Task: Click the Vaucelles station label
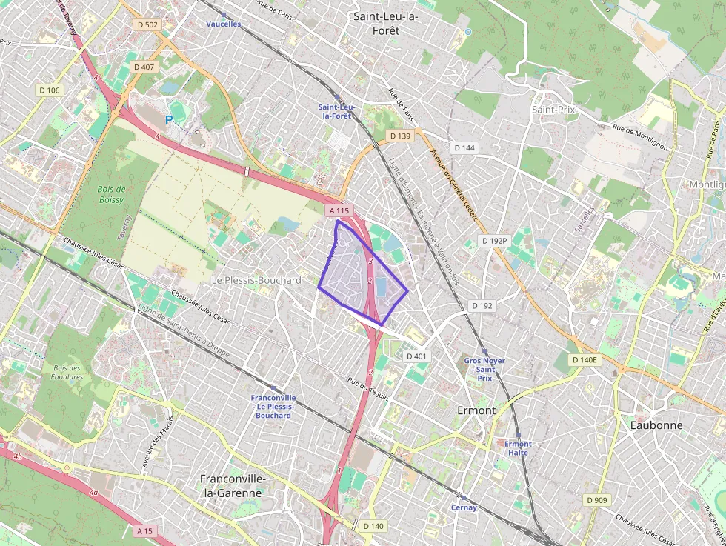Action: (x=223, y=24)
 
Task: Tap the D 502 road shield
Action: (x=148, y=24)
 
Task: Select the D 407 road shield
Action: (x=144, y=67)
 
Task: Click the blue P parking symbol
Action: (x=169, y=119)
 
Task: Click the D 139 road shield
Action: (x=399, y=136)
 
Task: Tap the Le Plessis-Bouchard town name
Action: (x=256, y=280)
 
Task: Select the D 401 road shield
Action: (x=417, y=356)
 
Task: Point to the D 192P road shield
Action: (x=494, y=241)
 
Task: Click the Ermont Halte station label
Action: (x=518, y=447)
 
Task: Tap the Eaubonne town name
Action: (x=656, y=425)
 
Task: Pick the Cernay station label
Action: (x=464, y=507)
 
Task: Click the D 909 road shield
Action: (x=597, y=500)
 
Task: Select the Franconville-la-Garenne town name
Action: (x=231, y=485)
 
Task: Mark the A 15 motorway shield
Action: (x=146, y=531)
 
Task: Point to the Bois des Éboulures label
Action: (x=67, y=372)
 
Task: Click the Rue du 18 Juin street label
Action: (x=367, y=388)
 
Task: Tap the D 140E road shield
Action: (x=585, y=359)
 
